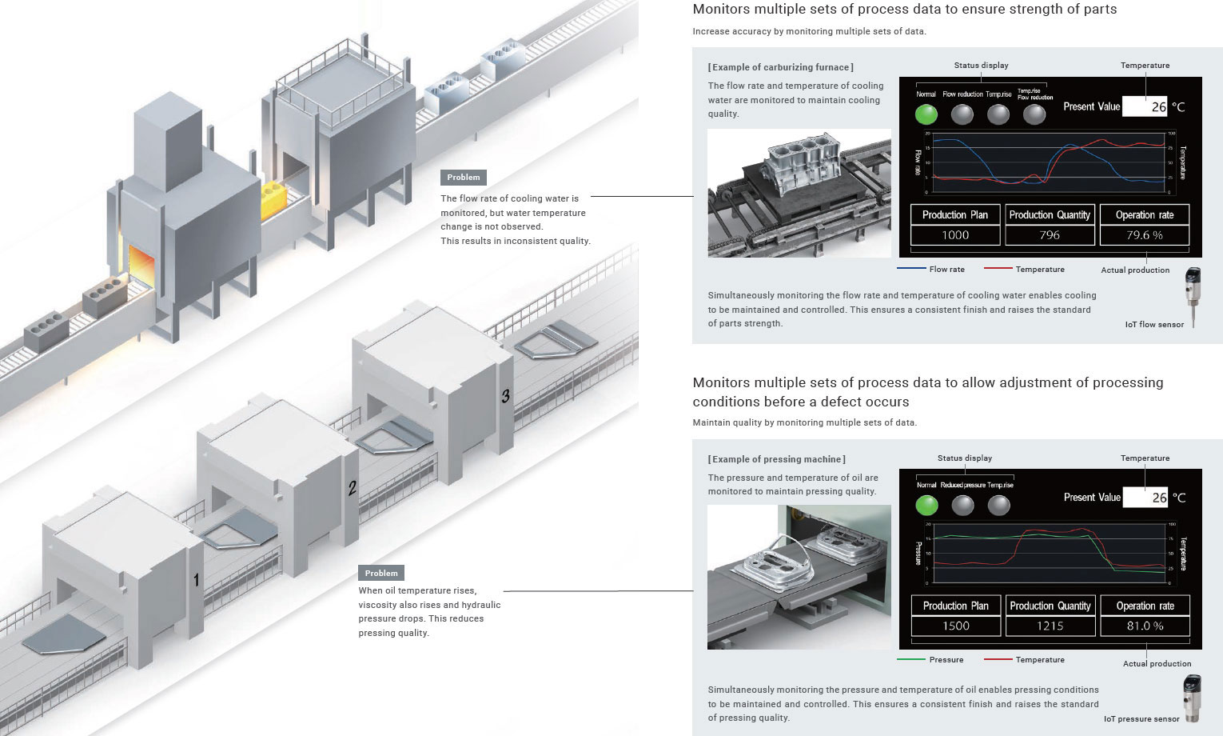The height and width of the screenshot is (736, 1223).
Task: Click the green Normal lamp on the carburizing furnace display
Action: tap(926, 114)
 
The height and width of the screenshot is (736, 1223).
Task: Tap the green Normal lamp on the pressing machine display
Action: tap(926, 505)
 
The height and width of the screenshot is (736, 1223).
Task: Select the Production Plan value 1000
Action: tap(955, 235)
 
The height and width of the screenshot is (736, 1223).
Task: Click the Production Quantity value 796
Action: tap(1050, 235)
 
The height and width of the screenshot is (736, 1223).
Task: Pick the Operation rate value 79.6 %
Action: tap(1145, 235)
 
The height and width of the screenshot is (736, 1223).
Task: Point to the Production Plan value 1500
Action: tap(956, 626)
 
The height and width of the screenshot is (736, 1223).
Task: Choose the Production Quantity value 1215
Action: tap(1050, 626)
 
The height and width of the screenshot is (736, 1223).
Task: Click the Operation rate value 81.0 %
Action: tap(1145, 626)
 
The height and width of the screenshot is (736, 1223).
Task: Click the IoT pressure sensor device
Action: tap(1192, 698)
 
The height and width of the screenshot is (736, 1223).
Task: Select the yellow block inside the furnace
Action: tap(274, 200)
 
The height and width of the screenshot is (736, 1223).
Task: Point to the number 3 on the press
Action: tap(505, 396)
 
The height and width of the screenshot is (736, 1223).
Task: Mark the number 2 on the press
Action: tap(352, 486)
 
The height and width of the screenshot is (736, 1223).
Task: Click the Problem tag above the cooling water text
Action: tap(464, 178)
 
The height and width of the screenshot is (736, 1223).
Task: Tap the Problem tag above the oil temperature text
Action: tap(381, 573)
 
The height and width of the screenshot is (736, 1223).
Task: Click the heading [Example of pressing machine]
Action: tap(776, 459)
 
